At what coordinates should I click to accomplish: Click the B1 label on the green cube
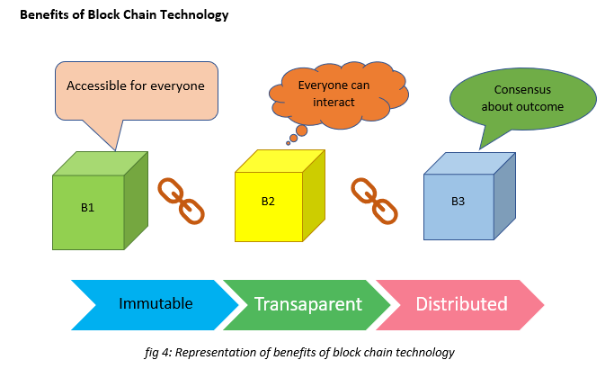[87, 207]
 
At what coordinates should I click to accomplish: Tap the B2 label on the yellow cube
[268, 202]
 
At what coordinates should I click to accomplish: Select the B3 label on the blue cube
[458, 202]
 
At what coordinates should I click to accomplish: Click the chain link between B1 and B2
[181, 202]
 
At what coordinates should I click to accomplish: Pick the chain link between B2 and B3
[374, 202]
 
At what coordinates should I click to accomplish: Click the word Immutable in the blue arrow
[156, 303]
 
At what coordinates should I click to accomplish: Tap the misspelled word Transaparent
[308, 304]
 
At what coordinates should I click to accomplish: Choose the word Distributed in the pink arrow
[462, 304]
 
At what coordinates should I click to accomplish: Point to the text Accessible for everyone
[136, 85]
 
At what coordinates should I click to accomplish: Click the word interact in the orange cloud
[334, 103]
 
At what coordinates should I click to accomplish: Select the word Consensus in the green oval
[522, 90]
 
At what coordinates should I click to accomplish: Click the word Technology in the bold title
[194, 15]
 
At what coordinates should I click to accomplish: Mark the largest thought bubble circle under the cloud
[301, 130]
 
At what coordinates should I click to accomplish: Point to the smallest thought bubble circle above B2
[289, 143]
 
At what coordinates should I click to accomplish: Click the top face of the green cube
[101, 164]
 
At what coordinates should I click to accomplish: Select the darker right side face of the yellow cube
[314, 195]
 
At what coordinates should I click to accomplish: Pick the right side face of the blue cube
[504, 196]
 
